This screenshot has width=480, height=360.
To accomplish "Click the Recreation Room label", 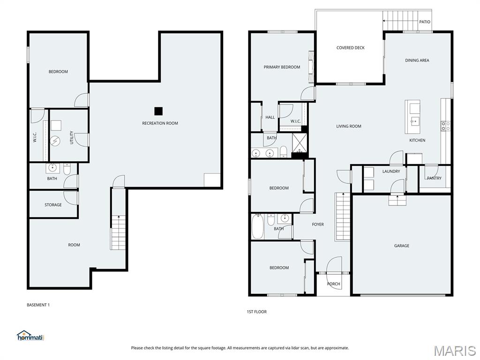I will click(x=160, y=123).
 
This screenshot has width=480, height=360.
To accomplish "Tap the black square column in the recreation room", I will click(x=158, y=111).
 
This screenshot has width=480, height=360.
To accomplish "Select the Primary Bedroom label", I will click(x=282, y=67).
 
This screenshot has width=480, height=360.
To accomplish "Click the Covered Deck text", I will click(x=350, y=48).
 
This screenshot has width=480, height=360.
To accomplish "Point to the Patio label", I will click(x=424, y=22).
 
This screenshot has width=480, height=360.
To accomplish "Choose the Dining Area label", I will click(x=417, y=60).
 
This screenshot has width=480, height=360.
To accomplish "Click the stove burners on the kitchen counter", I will click(x=445, y=126).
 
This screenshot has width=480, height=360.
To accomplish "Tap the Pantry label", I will click(x=434, y=178).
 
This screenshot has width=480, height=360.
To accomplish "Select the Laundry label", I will click(x=391, y=172).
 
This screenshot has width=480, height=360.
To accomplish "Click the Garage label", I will click(x=401, y=246).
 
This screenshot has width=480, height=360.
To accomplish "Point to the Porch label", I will click(x=333, y=284).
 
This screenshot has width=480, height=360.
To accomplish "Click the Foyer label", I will click(x=318, y=225).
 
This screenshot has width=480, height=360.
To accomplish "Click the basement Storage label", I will click(x=53, y=205).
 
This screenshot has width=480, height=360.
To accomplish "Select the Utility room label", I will click(x=72, y=137).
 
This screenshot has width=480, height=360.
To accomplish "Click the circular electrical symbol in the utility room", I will click(x=56, y=141).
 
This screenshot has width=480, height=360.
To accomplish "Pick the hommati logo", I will click(x=30, y=336).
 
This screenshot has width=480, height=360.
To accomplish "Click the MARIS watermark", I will click(x=454, y=351).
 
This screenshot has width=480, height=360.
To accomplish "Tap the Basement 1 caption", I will click(x=38, y=305).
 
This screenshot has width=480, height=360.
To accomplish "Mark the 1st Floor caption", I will click(x=256, y=312).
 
